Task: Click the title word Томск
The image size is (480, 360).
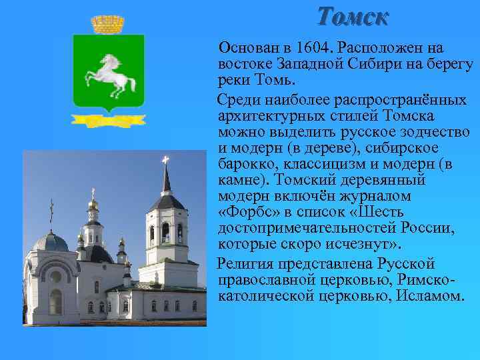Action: (x=352, y=15)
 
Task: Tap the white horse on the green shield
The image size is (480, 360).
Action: (x=108, y=75)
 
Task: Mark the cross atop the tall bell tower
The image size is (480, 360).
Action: (x=165, y=159)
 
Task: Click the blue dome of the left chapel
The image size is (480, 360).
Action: (x=51, y=241)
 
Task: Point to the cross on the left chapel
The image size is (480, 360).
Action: (x=51, y=211)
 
